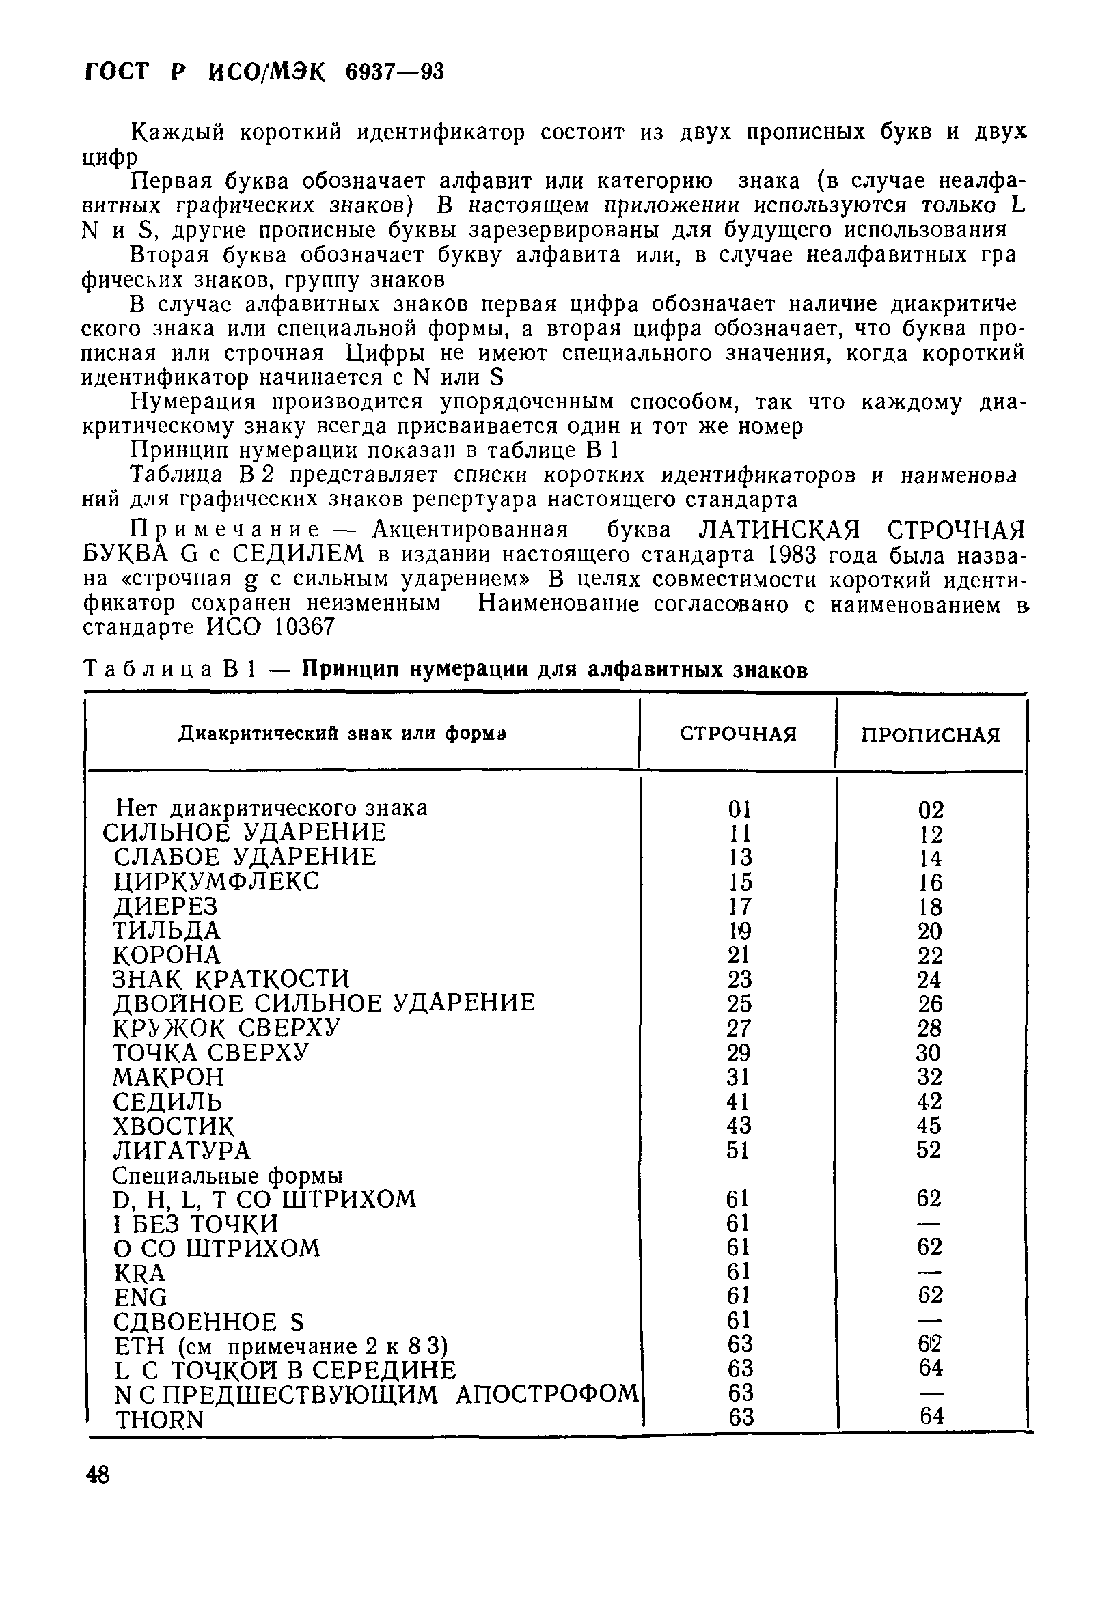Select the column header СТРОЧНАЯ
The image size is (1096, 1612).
(738, 734)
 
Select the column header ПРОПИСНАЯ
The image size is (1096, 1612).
(930, 734)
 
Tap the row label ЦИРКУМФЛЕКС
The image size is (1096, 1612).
(217, 882)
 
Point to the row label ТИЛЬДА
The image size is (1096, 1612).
(167, 930)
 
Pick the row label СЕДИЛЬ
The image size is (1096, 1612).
(167, 1102)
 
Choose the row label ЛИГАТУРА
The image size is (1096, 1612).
(182, 1151)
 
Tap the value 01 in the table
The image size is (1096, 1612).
(739, 809)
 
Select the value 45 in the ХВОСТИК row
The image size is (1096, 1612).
(929, 1126)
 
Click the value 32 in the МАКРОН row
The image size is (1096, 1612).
(929, 1077)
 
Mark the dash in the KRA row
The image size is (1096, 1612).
(929, 1272)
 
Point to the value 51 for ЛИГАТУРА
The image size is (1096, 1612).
(739, 1151)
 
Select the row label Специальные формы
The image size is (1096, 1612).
(228, 1176)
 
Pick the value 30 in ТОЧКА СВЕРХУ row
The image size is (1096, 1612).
(929, 1053)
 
